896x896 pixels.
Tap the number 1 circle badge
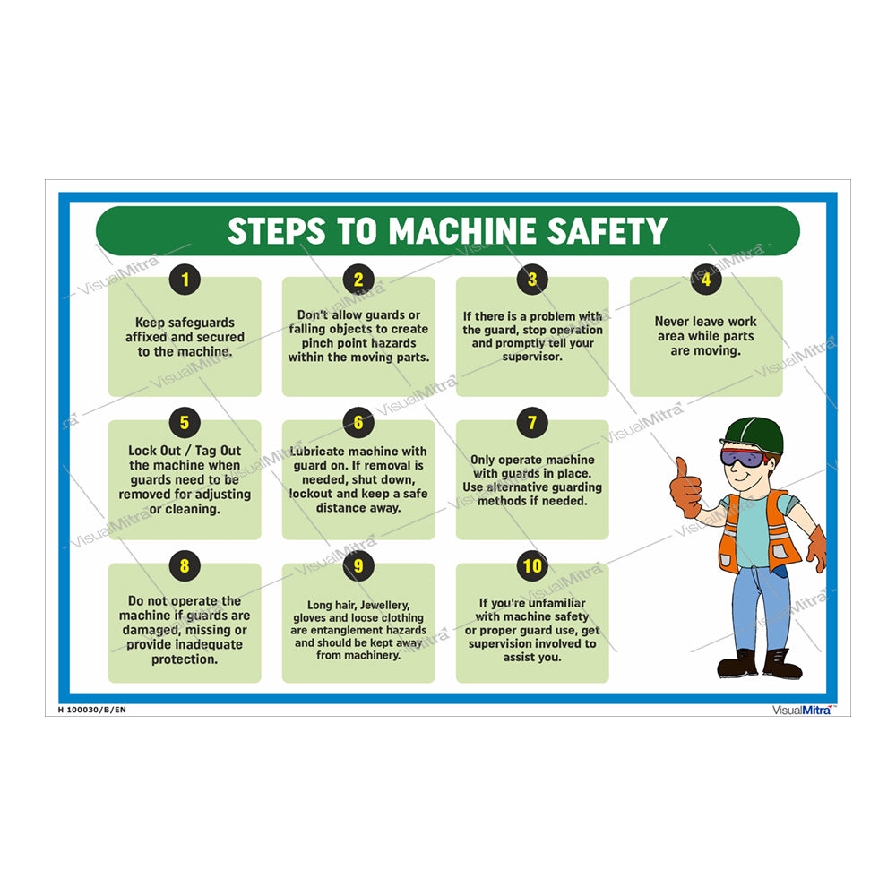[185, 280]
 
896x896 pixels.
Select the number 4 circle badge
[706, 280]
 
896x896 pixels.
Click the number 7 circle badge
[532, 423]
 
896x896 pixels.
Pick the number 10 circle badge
[532, 566]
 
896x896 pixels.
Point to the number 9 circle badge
[358, 566]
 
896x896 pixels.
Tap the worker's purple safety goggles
[743, 458]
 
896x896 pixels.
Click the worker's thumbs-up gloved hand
[686, 488]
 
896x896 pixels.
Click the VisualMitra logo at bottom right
[803, 710]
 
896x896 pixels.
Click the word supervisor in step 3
[532, 358]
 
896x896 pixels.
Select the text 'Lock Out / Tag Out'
[185, 451]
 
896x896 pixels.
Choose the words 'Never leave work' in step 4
[706, 322]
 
